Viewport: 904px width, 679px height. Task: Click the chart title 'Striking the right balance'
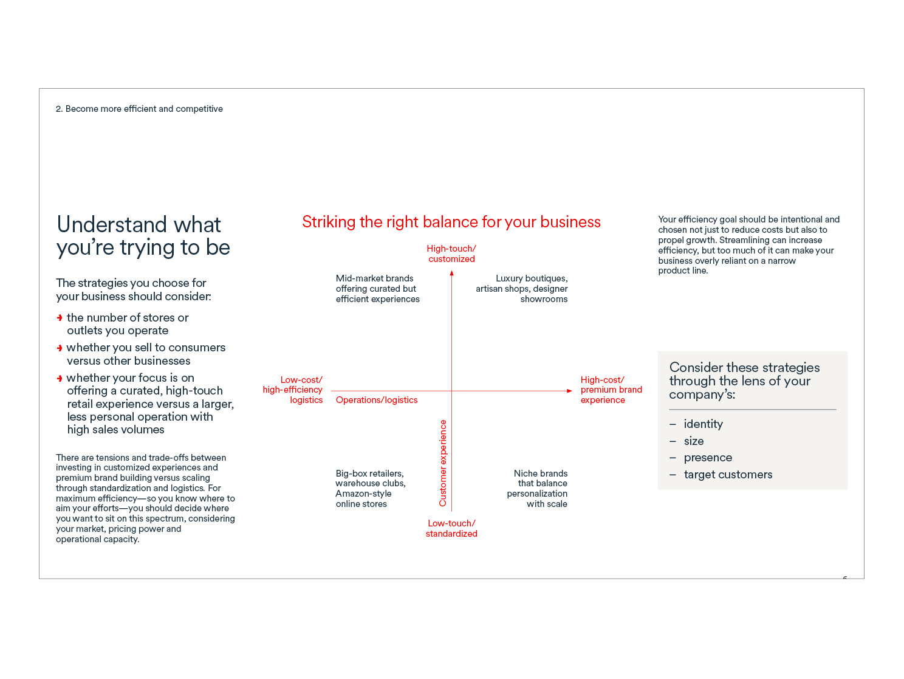(x=451, y=222)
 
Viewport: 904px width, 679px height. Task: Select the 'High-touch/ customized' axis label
(x=451, y=253)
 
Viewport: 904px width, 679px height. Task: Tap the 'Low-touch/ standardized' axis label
(x=451, y=528)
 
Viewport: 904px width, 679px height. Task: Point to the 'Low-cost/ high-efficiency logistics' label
(x=293, y=390)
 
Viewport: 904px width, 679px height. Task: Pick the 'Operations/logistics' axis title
(x=377, y=400)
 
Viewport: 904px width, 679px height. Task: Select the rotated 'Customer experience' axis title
(x=443, y=463)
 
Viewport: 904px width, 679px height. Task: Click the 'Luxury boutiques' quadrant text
(x=522, y=289)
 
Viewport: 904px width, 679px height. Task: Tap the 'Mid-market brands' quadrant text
(x=377, y=289)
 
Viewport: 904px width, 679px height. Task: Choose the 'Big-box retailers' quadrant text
(x=370, y=488)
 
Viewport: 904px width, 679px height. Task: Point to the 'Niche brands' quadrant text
(x=538, y=488)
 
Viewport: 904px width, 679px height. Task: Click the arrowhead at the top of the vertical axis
(x=451, y=274)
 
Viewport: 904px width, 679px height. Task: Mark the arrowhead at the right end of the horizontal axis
(x=569, y=391)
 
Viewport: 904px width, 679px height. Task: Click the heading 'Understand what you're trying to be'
(x=143, y=236)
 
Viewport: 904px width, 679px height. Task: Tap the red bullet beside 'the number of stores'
(x=60, y=318)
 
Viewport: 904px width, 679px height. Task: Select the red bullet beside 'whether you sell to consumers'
(x=60, y=348)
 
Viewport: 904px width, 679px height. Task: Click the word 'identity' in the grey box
(x=703, y=424)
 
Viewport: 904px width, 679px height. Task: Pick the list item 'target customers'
(x=728, y=475)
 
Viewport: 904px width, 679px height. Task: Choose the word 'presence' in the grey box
(x=708, y=458)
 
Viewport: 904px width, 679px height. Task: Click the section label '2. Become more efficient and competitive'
(x=139, y=109)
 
